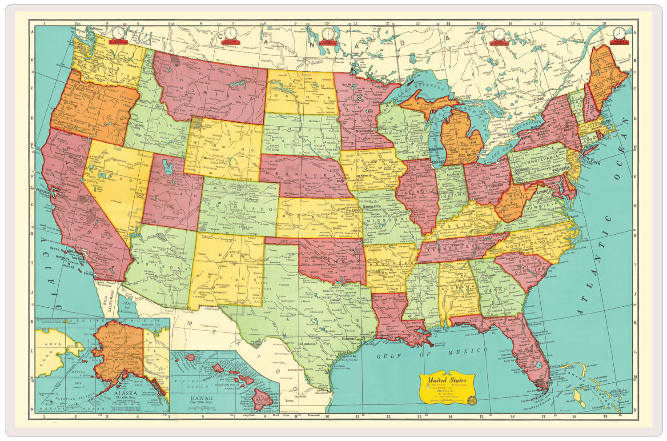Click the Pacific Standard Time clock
tap(119, 33)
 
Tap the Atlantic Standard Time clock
tap(619, 33)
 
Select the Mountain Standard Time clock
tap(230, 34)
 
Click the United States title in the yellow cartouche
tap(447, 380)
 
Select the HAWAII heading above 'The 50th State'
tap(203, 398)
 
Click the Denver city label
tap(253, 200)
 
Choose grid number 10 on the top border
tap(327, 24)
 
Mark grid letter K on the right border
tap(635, 321)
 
